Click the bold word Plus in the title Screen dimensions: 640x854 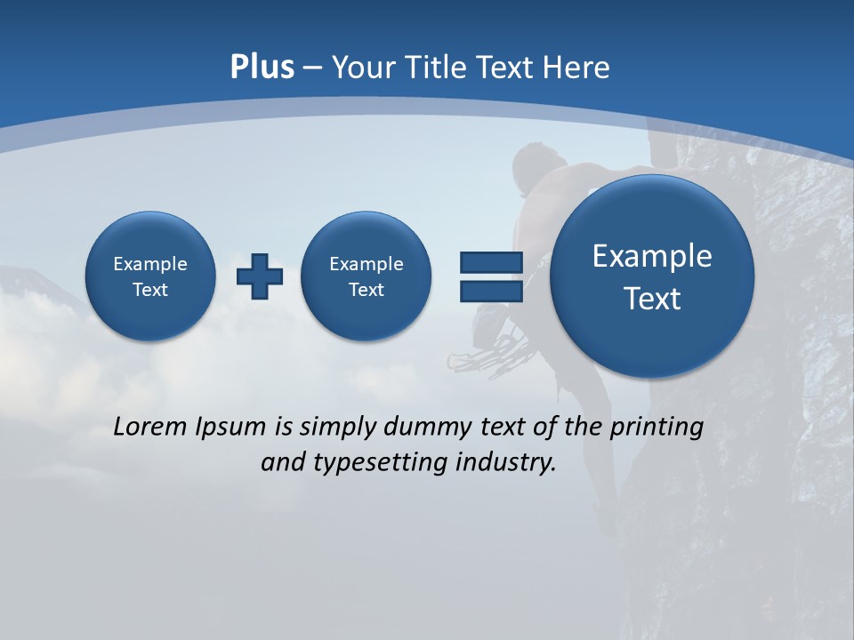pyautogui.click(x=262, y=68)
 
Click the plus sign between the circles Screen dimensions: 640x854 pyautogui.click(x=260, y=276)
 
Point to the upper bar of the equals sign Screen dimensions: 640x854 pyautogui.click(x=491, y=262)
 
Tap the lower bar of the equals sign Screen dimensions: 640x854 pyautogui.click(x=491, y=292)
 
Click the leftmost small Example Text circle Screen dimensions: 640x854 pyautogui.click(x=150, y=276)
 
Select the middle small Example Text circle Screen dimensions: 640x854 pyautogui.click(x=366, y=276)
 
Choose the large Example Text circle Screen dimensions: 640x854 pyautogui.click(x=652, y=276)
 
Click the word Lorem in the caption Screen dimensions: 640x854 pyautogui.click(x=151, y=427)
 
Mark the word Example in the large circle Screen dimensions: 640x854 pyautogui.click(x=652, y=256)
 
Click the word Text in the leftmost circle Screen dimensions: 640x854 pyautogui.click(x=150, y=290)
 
